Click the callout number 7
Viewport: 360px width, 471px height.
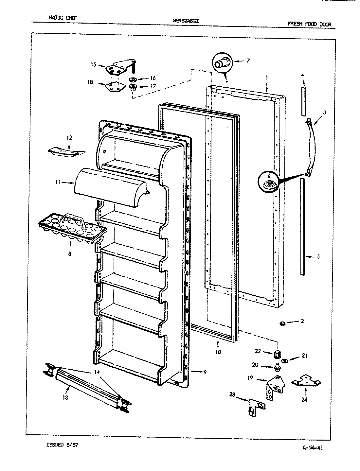248,61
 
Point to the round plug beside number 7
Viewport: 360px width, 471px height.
222,62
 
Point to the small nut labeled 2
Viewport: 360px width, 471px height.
281,323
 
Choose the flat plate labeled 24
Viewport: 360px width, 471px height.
306,381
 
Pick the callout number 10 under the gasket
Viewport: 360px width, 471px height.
218,352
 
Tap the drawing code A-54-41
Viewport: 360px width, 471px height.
311,448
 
